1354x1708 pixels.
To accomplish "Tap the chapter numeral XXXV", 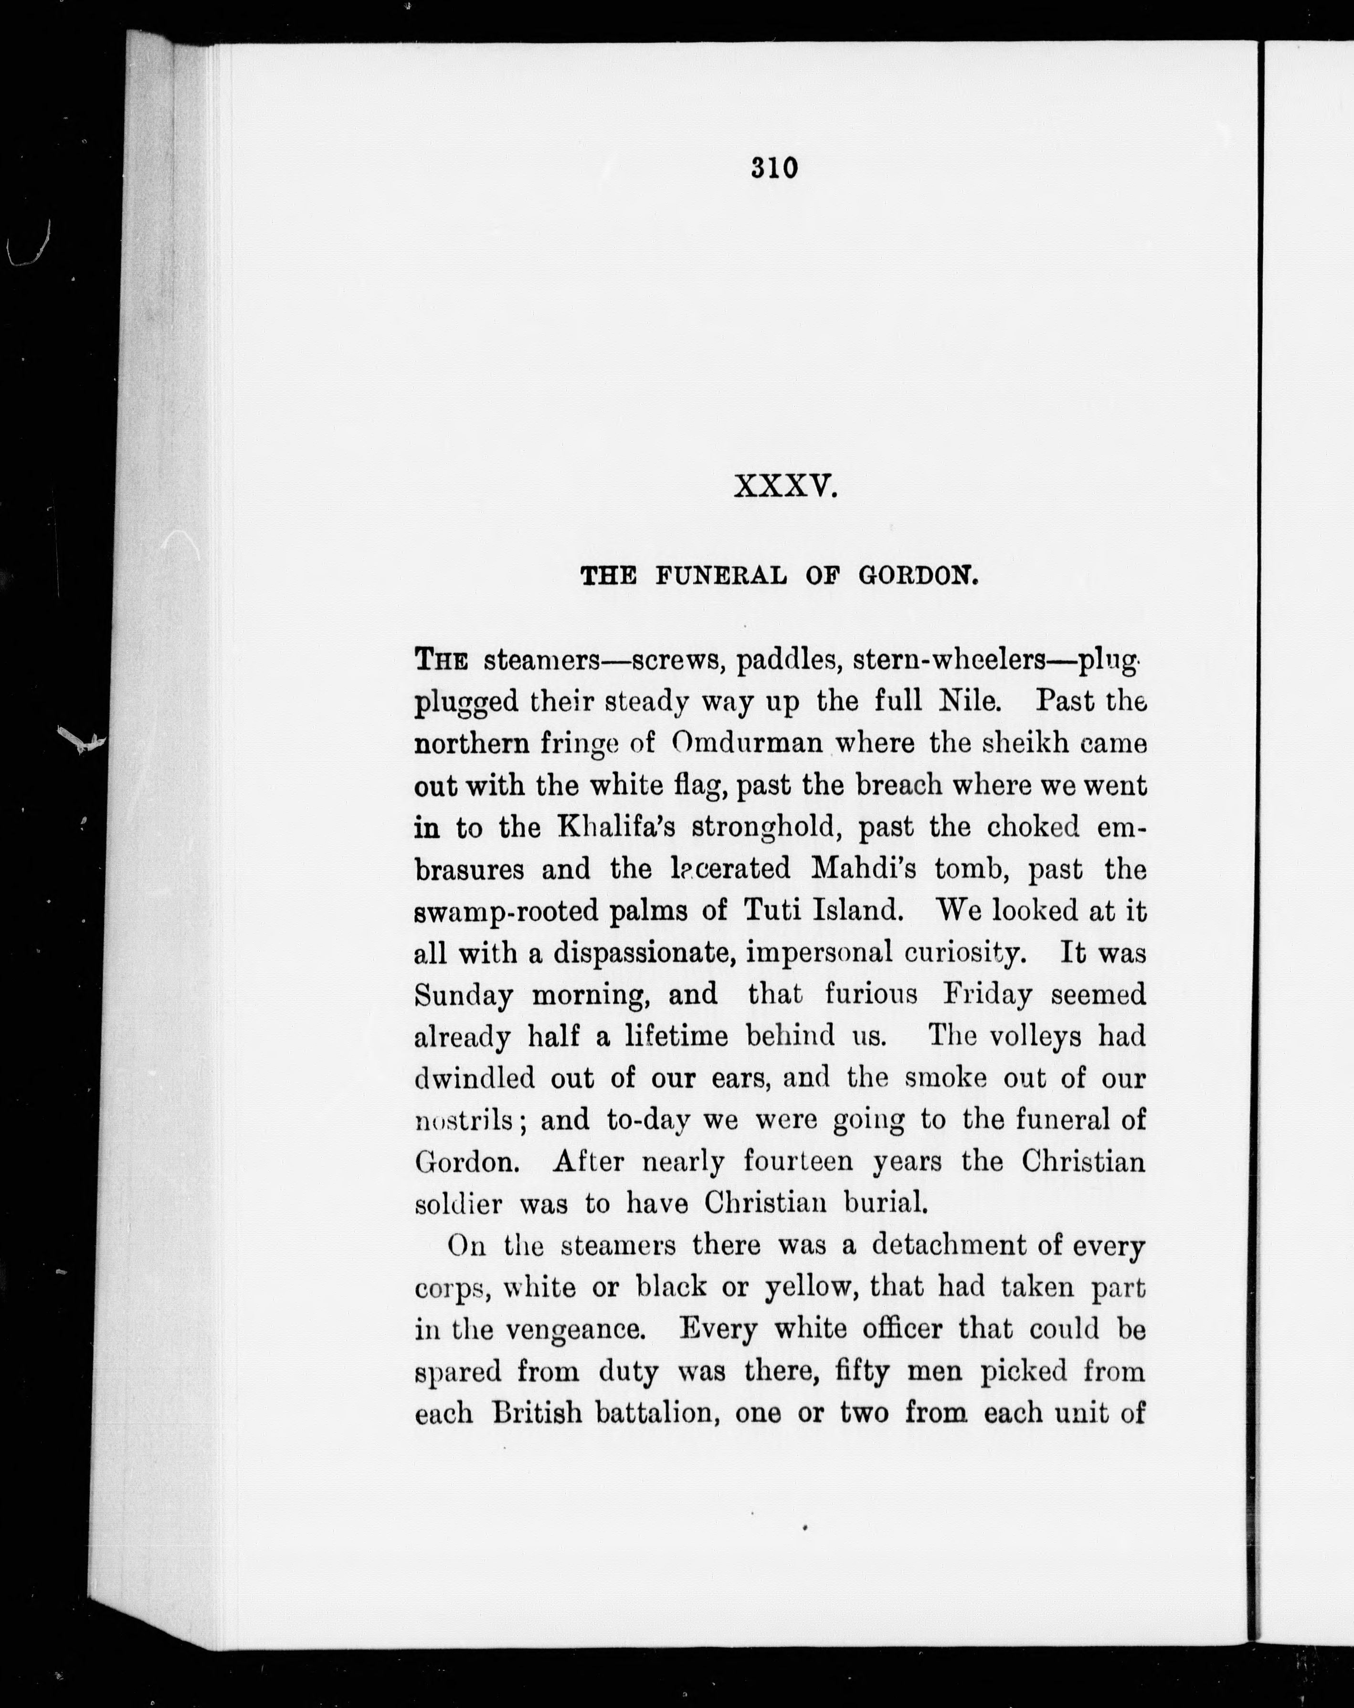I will point(785,486).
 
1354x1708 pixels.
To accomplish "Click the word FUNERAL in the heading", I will point(720,576).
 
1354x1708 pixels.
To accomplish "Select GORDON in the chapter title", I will point(919,576).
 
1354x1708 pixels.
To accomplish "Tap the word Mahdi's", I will point(864,869).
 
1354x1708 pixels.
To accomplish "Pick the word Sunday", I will point(464,995).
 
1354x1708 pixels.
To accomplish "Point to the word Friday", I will point(986,994).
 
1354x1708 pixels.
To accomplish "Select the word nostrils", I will point(465,1120).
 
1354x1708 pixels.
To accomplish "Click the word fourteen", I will point(798,1162).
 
